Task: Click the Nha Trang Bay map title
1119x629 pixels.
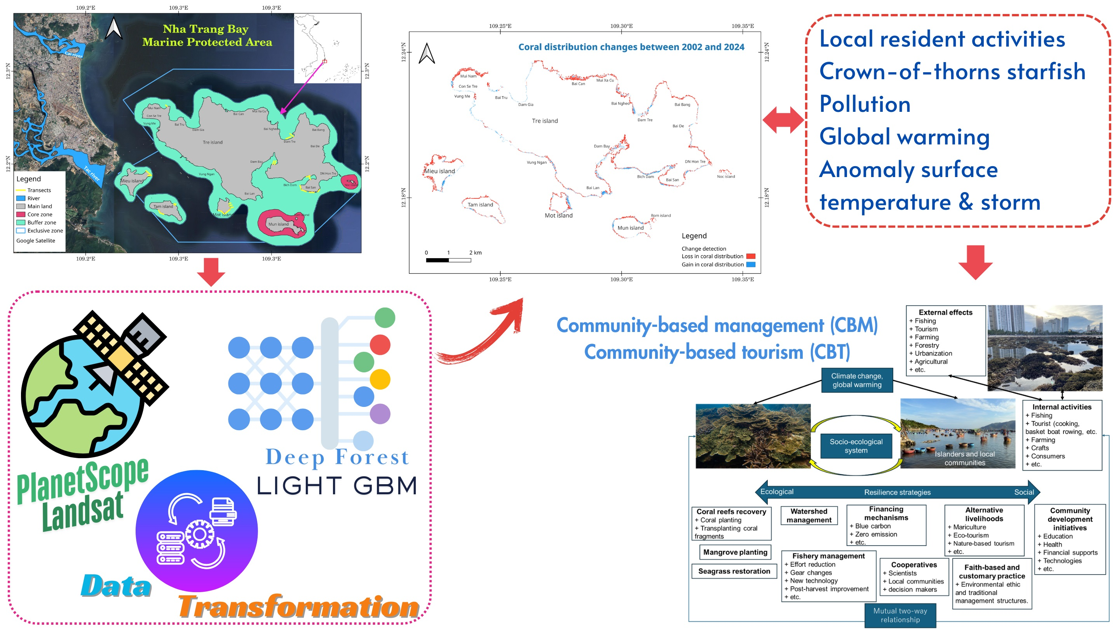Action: pos(207,35)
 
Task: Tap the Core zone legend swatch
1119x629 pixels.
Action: pos(21,214)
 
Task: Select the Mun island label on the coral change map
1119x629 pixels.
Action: pos(630,228)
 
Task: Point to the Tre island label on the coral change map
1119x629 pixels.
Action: pos(545,121)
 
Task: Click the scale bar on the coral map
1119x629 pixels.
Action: pos(448,260)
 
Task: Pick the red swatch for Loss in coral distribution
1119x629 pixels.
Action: pos(750,256)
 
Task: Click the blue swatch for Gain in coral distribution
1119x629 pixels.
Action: pos(750,264)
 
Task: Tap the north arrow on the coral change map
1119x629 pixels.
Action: pos(427,54)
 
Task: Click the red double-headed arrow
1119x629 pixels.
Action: pos(783,120)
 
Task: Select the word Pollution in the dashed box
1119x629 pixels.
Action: pos(865,104)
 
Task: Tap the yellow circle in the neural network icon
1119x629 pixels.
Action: pos(380,379)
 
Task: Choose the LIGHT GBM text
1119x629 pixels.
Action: pos(336,485)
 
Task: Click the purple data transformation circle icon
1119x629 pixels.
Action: pos(197,530)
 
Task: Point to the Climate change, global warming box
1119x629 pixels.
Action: pos(857,380)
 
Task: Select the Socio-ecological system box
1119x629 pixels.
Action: pos(856,446)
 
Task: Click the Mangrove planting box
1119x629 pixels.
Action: pos(735,552)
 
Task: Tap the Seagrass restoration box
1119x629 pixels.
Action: pos(734,571)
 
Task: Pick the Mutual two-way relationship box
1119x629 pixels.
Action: pos(900,615)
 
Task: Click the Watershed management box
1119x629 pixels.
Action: pos(809,516)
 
